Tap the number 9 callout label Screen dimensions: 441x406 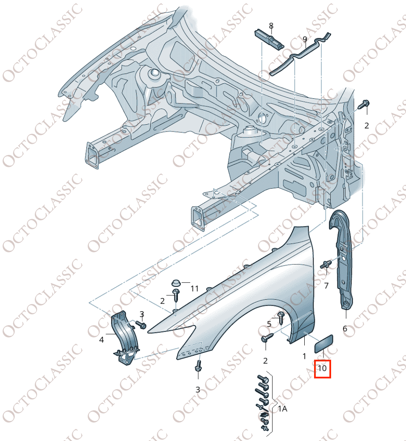pyautogui.click(x=305, y=40)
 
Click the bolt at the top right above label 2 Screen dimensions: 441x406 pyautogui.click(x=365, y=104)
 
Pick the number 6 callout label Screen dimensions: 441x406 pyautogui.click(x=345, y=329)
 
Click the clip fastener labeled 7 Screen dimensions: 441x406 pyautogui.click(x=327, y=264)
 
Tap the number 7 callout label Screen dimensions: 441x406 pyautogui.click(x=326, y=286)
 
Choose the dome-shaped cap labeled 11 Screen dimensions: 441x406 pyautogui.click(x=175, y=282)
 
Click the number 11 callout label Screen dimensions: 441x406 pyautogui.click(x=194, y=289)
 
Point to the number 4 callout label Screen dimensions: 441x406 pyautogui.click(x=102, y=340)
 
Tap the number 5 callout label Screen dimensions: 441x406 pyautogui.click(x=269, y=324)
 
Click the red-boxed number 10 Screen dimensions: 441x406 pyautogui.click(x=322, y=368)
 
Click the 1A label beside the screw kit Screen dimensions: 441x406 pyautogui.click(x=283, y=409)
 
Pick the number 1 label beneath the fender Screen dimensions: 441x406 pyautogui.click(x=304, y=356)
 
